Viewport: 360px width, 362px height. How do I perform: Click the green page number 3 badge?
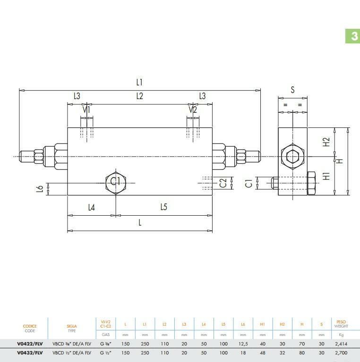[352, 36]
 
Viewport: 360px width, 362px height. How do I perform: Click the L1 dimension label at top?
[139, 82]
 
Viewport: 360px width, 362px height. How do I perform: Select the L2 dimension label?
[139, 96]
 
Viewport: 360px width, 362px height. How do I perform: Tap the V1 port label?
[86, 109]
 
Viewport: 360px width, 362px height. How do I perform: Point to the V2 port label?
[193, 109]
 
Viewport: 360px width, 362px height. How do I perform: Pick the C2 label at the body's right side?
[223, 183]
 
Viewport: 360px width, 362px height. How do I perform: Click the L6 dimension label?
[40, 189]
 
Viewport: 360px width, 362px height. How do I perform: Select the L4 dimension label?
[92, 208]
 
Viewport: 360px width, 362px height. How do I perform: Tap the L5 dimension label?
[163, 207]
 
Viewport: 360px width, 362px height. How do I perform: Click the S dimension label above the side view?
[292, 90]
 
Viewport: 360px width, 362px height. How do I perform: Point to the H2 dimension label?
[326, 142]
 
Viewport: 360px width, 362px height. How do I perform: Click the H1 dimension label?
[326, 177]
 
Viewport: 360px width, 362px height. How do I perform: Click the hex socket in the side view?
[293, 157]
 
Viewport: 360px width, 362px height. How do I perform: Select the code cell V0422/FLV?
[30, 344]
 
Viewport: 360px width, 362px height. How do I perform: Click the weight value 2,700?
[341, 353]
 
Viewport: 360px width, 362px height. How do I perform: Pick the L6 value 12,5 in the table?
[243, 344]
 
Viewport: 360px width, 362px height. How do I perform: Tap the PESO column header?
[341, 322]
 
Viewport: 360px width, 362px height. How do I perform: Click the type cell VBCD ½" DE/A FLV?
[72, 353]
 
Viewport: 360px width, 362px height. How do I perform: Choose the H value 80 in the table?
[302, 353]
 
